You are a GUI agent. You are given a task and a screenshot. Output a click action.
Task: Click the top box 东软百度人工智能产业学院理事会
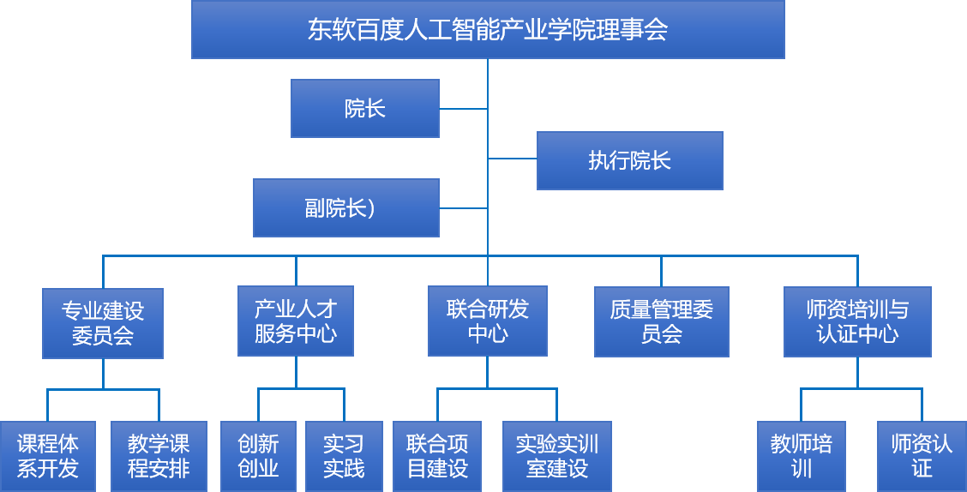click(488, 30)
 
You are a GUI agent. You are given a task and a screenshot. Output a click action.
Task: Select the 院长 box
click(365, 109)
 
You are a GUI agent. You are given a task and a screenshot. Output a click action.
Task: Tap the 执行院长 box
click(629, 160)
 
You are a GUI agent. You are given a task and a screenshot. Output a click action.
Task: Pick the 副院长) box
click(346, 207)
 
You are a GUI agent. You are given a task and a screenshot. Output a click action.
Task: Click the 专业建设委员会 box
click(103, 323)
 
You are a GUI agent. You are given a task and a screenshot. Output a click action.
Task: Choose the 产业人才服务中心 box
click(296, 321)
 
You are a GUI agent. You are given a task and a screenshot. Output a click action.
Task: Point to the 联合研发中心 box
click(488, 321)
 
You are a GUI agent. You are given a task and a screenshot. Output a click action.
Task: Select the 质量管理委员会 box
click(662, 321)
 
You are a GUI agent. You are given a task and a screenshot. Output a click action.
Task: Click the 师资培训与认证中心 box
click(858, 321)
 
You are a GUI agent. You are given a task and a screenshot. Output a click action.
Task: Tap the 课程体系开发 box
click(47, 456)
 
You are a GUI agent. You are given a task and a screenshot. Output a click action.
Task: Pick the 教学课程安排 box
click(159, 456)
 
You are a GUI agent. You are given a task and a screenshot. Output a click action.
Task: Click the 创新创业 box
click(258, 456)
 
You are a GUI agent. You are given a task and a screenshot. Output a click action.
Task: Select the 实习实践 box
click(344, 456)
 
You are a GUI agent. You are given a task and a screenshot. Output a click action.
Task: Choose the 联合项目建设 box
click(437, 456)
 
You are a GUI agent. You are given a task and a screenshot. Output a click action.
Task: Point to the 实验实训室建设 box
click(557, 456)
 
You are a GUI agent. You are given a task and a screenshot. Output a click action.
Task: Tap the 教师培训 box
click(801, 456)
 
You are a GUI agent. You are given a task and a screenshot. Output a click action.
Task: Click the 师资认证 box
click(922, 456)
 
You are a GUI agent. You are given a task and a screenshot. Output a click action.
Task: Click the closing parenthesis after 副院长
click(370, 208)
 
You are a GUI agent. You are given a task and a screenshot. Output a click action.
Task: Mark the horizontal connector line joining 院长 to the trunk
click(464, 109)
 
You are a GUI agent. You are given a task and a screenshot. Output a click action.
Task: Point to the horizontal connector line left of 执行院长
click(513, 159)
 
